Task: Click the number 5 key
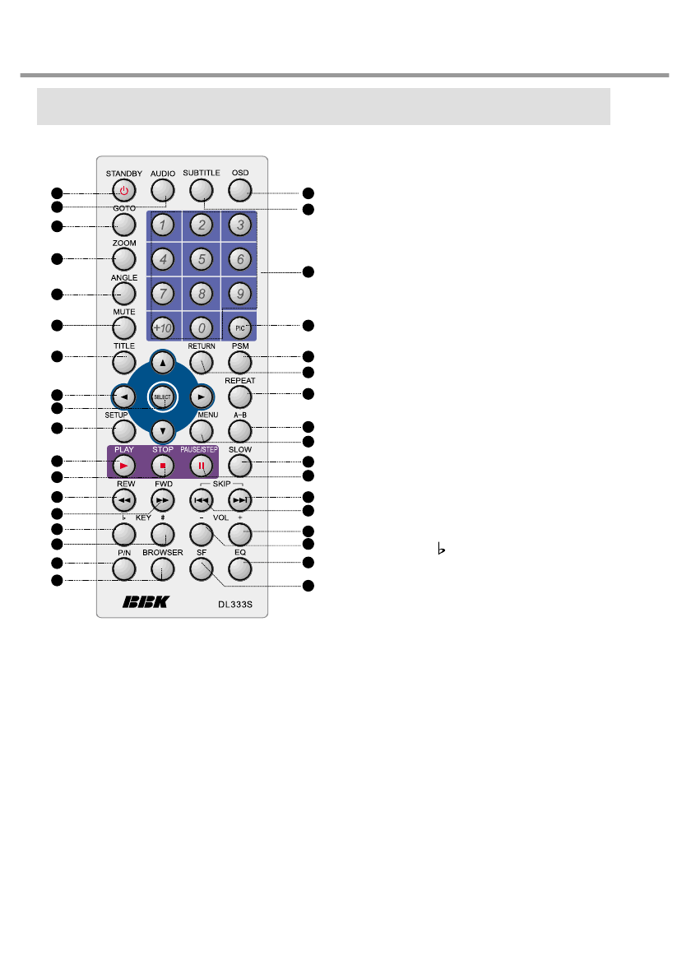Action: [x=200, y=259]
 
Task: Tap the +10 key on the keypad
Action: [x=162, y=327]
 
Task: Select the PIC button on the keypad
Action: [x=239, y=327]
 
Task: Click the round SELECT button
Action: [x=162, y=396]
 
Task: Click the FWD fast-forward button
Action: [x=162, y=499]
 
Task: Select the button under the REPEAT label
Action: [x=239, y=396]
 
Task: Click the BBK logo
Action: [x=145, y=602]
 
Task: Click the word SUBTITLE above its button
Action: [x=201, y=173]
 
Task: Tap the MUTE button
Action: [x=124, y=327]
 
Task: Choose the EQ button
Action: [x=239, y=567]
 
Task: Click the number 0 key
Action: [x=200, y=327]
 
